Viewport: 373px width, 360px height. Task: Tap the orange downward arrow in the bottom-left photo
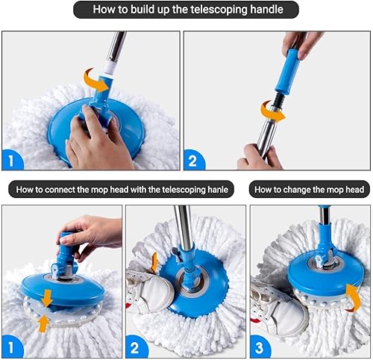(47, 298)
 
